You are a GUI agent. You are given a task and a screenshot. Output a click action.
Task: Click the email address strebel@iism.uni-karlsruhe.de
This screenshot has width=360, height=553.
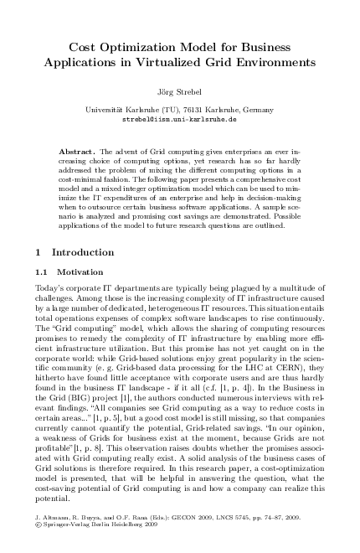(x=180, y=120)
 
